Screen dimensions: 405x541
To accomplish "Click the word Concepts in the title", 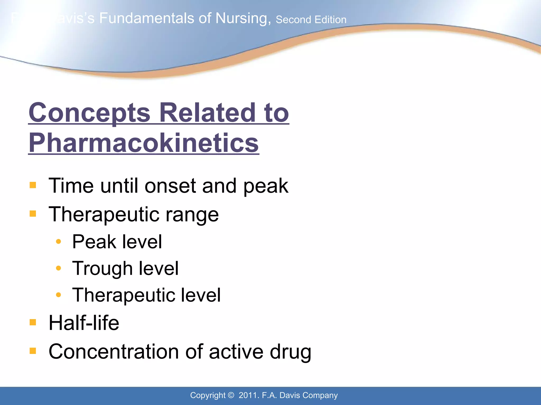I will [x=89, y=113].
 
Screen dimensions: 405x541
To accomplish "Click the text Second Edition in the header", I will [x=311, y=20].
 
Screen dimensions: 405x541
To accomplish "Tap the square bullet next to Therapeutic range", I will [x=33, y=213].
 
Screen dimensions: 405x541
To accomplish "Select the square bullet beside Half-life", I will [x=33, y=322].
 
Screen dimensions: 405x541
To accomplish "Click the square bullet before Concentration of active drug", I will [x=33, y=351].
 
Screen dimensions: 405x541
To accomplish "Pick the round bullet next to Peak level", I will [x=59, y=241].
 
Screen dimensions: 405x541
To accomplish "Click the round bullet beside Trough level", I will [x=59, y=268].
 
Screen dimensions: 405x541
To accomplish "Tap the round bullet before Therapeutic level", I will [x=59, y=295].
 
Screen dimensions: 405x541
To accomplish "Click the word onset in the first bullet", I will [x=170, y=186].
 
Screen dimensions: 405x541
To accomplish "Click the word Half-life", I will [x=84, y=323].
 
